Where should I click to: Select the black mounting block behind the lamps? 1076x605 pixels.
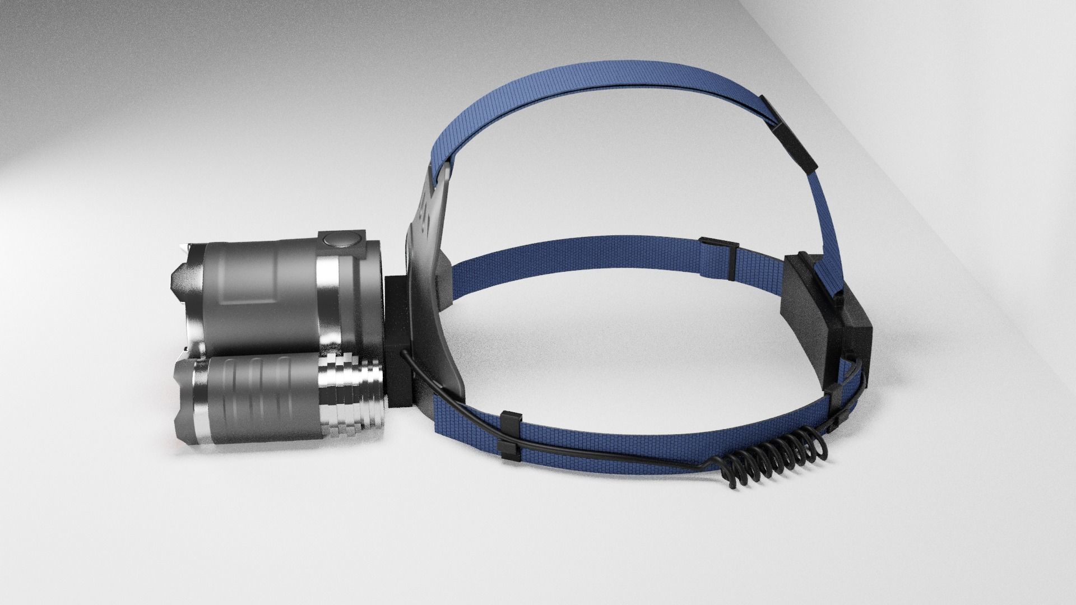point(399,342)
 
